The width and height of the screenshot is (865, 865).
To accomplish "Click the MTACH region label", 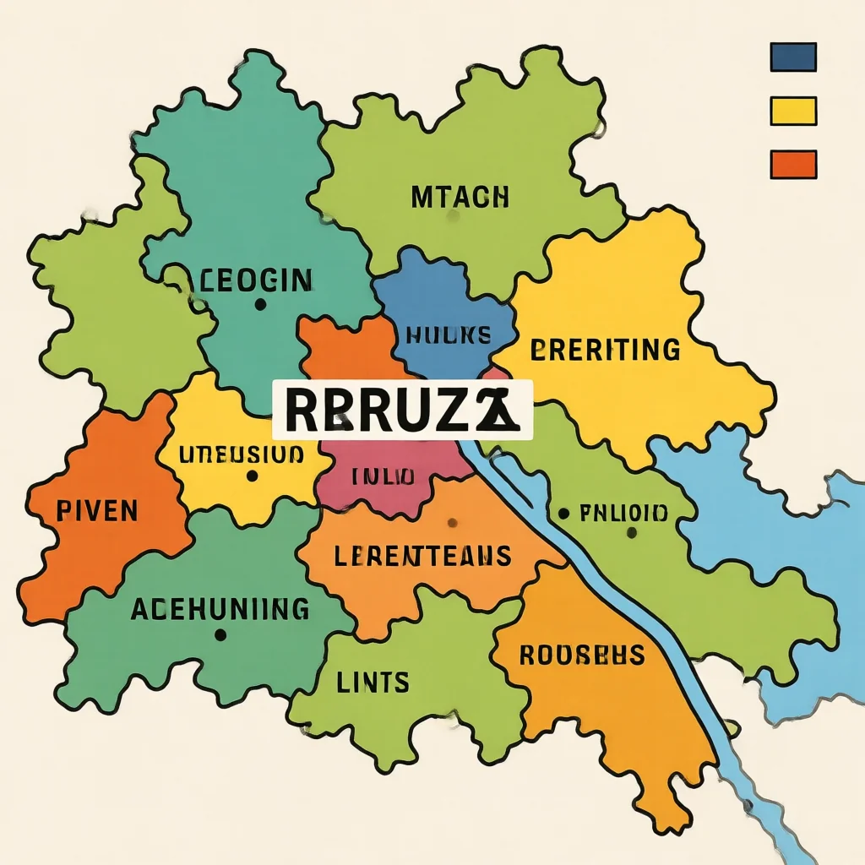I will pyautogui.click(x=460, y=198).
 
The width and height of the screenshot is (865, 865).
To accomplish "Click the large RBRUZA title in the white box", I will pyautogui.click(x=402, y=410).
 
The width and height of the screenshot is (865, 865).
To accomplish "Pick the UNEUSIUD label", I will pyautogui.click(x=242, y=454).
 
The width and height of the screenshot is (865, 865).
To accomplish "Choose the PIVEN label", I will pyautogui.click(x=86, y=510).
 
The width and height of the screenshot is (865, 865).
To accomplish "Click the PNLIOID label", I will pyautogui.click(x=625, y=512).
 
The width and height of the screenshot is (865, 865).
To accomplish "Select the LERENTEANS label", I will pyautogui.click(x=422, y=556).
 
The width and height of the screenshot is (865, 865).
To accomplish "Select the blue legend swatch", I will pyautogui.click(x=793, y=57).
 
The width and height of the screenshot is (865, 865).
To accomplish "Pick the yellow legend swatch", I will pyautogui.click(x=793, y=111).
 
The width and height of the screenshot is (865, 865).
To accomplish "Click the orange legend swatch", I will pyautogui.click(x=793, y=164).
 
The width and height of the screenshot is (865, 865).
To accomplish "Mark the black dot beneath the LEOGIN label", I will pyautogui.click(x=259, y=304).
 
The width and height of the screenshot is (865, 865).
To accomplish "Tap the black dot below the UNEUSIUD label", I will pyautogui.click(x=251, y=476).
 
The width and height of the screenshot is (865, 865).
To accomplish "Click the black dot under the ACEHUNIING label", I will pyautogui.click(x=220, y=634).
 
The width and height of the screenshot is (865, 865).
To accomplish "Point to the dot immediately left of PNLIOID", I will pyautogui.click(x=563, y=513).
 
